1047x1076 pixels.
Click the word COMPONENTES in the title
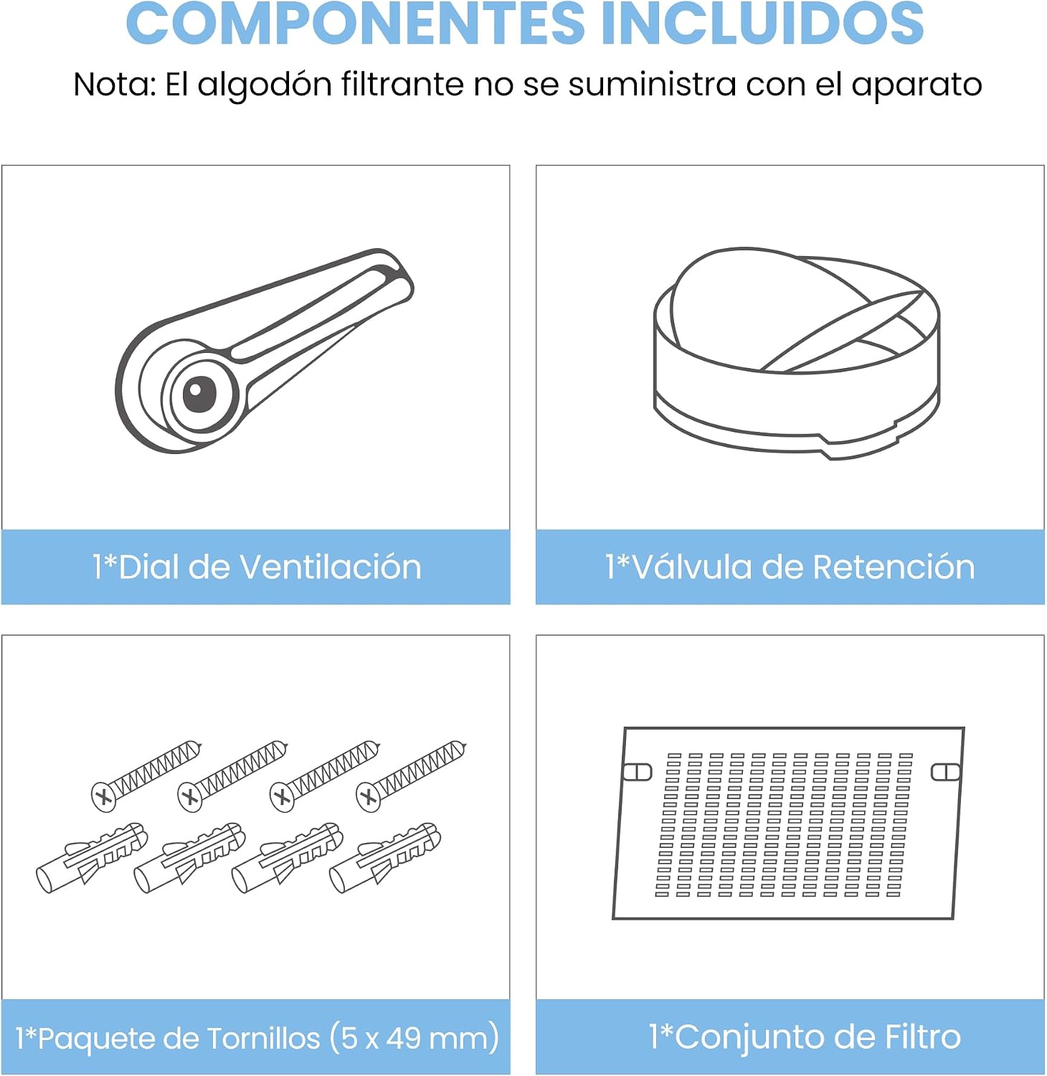tap(356, 23)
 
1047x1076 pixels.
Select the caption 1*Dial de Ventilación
tap(257, 567)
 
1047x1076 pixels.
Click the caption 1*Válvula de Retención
tap(790, 567)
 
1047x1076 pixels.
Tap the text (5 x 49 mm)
tap(414, 1037)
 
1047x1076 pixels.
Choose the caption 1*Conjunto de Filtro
tap(805, 1037)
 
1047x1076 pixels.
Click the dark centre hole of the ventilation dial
tap(199, 394)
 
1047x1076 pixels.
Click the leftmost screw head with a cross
tap(103, 796)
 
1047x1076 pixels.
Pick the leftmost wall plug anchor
tap(92, 858)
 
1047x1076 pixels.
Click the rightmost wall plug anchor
tap(385, 858)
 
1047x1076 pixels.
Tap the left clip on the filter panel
tap(638, 772)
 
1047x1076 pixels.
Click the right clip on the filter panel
tap(945, 772)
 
